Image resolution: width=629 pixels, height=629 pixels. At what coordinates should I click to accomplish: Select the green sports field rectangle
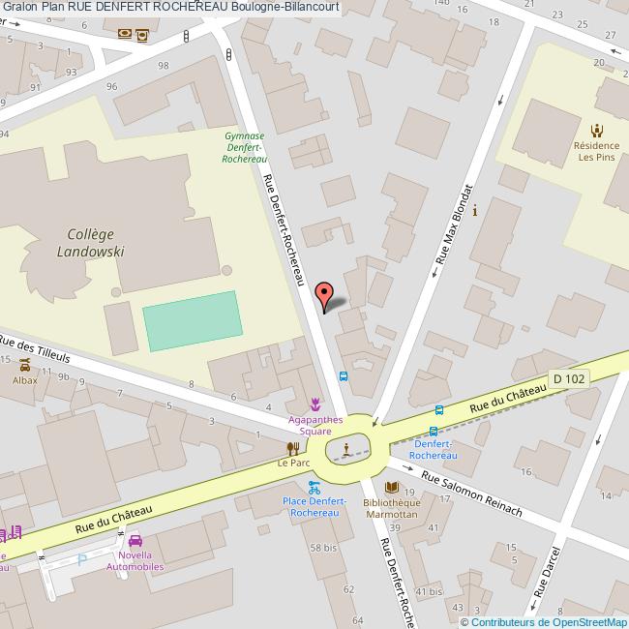tap(192, 321)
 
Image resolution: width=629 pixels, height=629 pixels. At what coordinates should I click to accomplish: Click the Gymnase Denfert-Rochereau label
tap(244, 147)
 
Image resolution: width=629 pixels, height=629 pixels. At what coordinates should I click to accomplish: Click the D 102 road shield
tap(568, 379)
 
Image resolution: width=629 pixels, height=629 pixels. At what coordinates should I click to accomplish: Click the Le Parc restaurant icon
tap(292, 447)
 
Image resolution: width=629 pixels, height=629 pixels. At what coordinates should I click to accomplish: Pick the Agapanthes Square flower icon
tap(314, 404)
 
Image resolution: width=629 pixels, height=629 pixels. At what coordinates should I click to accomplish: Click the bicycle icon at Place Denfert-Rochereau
tap(313, 488)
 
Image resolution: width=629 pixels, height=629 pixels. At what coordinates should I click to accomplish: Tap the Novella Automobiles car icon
tap(135, 541)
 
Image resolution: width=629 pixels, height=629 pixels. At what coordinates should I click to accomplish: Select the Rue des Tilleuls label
tap(36, 351)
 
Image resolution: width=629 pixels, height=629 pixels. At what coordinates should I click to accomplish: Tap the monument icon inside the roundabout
tap(344, 447)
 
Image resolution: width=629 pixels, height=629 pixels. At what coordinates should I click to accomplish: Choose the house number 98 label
tap(163, 66)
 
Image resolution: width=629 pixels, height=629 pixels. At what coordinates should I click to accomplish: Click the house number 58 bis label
tap(322, 548)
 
